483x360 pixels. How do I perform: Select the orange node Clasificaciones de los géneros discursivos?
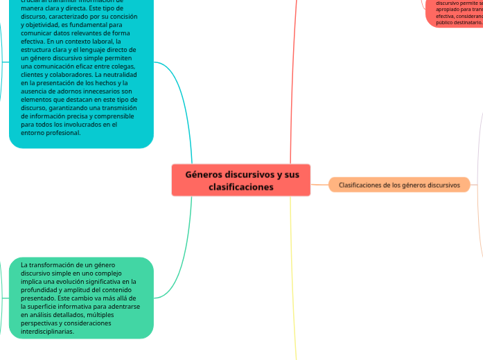399,186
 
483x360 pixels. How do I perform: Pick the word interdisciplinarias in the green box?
49,332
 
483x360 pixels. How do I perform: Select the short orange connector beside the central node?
319,185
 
